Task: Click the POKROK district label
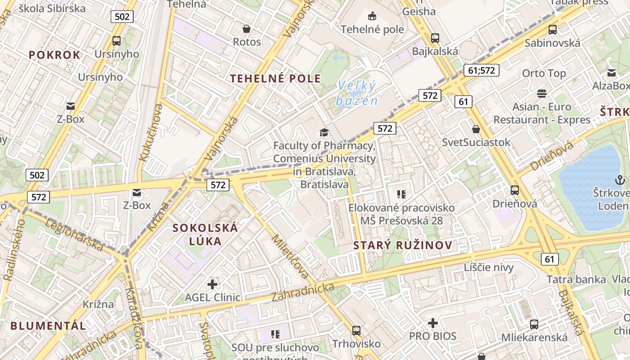pyautogui.click(x=54, y=55)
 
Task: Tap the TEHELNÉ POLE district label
pyautogui.click(x=275, y=78)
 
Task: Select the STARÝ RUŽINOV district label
pyautogui.click(x=402, y=245)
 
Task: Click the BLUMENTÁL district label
pyautogui.click(x=48, y=326)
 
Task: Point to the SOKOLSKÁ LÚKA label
pyautogui.click(x=205, y=234)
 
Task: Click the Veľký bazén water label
pyautogui.click(x=356, y=93)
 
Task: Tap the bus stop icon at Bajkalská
pyautogui.click(x=435, y=38)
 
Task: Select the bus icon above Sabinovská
pyautogui.click(x=552, y=30)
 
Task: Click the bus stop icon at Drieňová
pyautogui.click(x=515, y=190)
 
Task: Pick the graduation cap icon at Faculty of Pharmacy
pyautogui.click(x=324, y=132)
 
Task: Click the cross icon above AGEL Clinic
pyautogui.click(x=212, y=284)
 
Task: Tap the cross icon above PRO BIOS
pyautogui.click(x=432, y=323)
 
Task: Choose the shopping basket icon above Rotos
pyautogui.click(x=247, y=29)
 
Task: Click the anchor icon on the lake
pyautogui.click(x=620, y=180)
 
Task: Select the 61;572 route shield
pyautogui.click(x=481, y=70)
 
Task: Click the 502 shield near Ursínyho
pyautogui.click(x=122, y=17)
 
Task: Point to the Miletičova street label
pyautogui.click(x=291, y=256)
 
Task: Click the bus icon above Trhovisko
pyautogui.click(x=356, y=331)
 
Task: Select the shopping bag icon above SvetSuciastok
pyautogui.click(x=476, y=130)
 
